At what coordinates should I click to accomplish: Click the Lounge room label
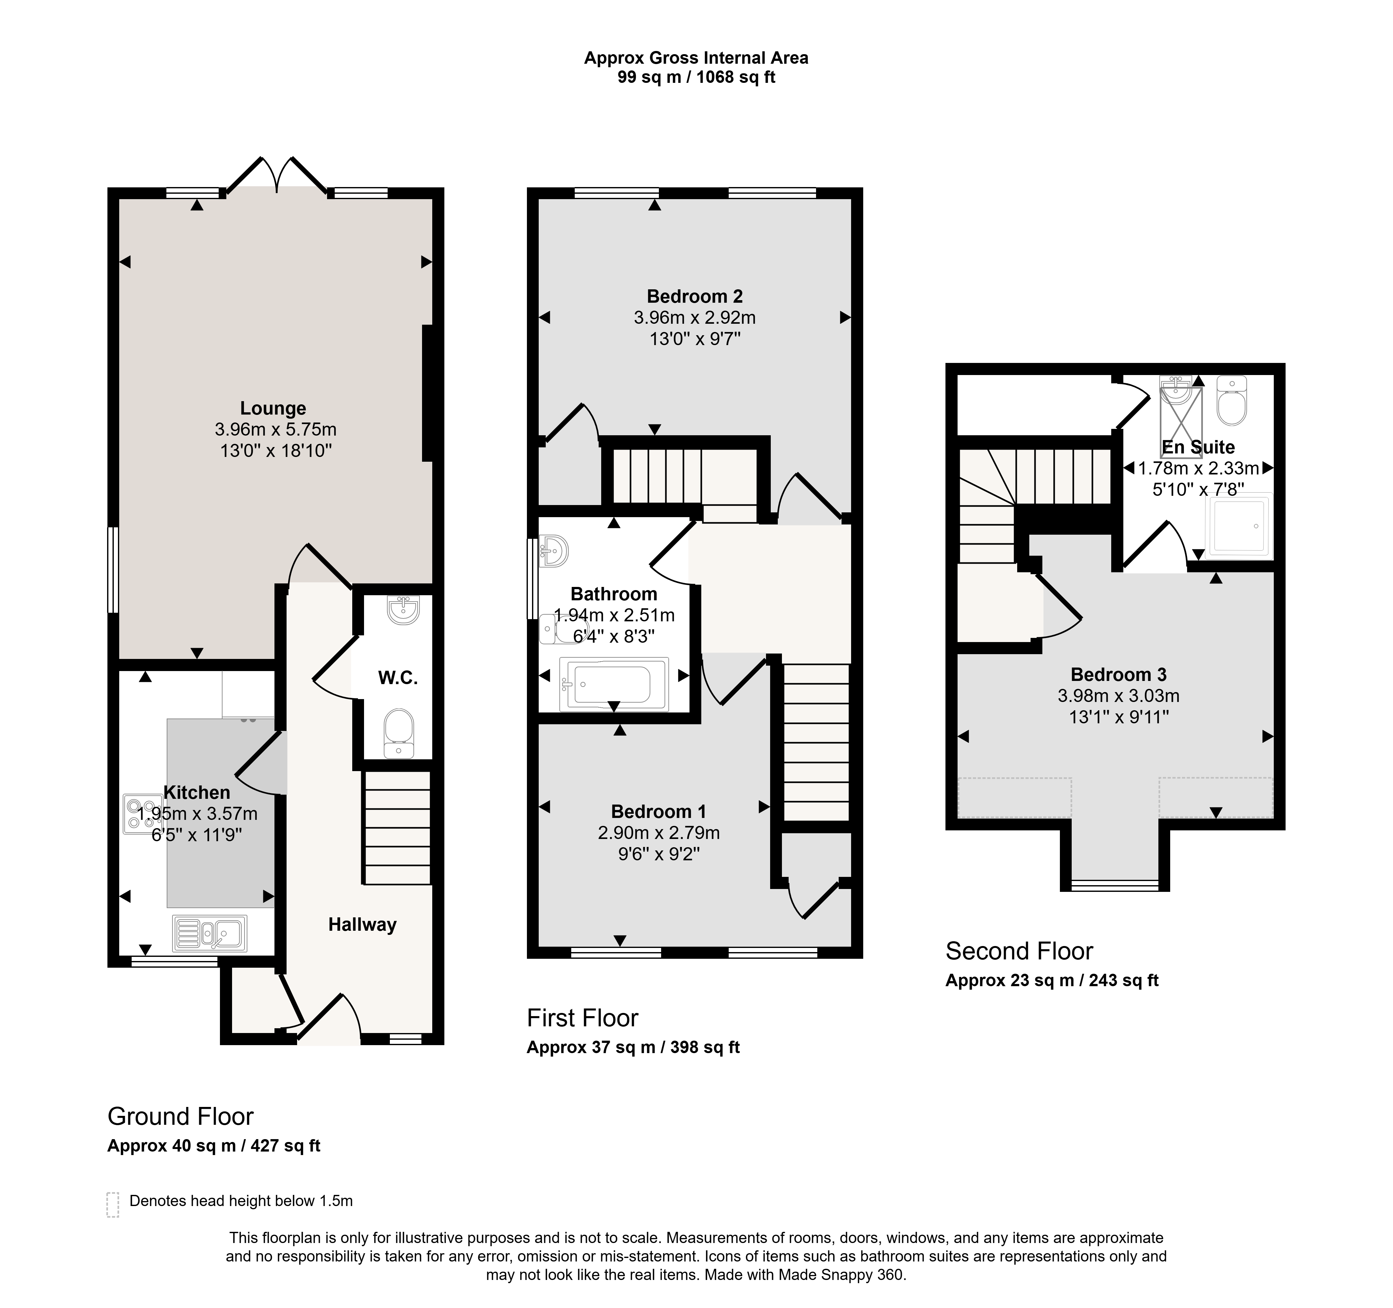coord(273,408)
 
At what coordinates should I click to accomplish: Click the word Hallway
coord(362,925)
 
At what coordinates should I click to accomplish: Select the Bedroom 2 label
coord(694,296)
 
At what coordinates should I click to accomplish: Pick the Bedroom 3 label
coord(1118,675)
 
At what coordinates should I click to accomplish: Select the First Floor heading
coord(582,1018)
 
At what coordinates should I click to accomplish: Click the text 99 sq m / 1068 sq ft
coord(696,77)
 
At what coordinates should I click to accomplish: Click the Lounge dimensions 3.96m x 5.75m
coord(275,430)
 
